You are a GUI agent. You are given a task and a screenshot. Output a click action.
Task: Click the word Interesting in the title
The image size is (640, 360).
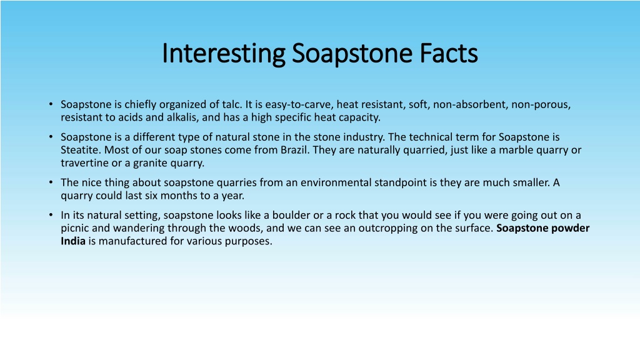[224, 54]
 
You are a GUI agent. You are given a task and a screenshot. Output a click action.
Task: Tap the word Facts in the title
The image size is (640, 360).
[449, 54]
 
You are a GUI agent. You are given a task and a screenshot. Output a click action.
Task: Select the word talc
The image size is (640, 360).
[232, 104]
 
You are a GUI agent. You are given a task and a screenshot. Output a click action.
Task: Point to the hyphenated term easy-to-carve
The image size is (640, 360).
[299, 105]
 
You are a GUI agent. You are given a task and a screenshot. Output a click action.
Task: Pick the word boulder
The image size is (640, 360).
[291, 215]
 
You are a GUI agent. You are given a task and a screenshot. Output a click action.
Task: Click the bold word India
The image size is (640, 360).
[73, 241]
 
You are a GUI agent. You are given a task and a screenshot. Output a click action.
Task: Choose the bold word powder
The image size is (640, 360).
[571, 228]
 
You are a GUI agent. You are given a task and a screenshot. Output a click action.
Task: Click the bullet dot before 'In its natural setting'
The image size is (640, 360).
[51, 215]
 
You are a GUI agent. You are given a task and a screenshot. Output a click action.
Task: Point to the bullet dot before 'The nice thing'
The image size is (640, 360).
[51, 182]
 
